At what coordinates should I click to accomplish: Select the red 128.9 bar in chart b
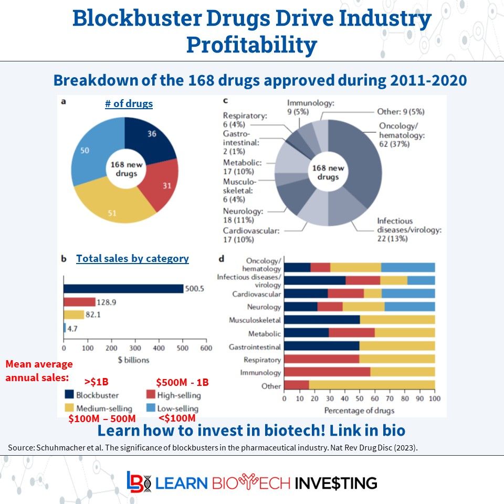[79, 302]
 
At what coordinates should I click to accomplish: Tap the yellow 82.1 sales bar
[73, 314]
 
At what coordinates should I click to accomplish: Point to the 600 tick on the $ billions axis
[206, 348]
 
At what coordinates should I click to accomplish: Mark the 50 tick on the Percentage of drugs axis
[359, 400]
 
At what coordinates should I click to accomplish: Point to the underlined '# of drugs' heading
[129, 104]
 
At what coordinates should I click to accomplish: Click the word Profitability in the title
[251, 45]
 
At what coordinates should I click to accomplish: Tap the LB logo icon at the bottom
[138, 482]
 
